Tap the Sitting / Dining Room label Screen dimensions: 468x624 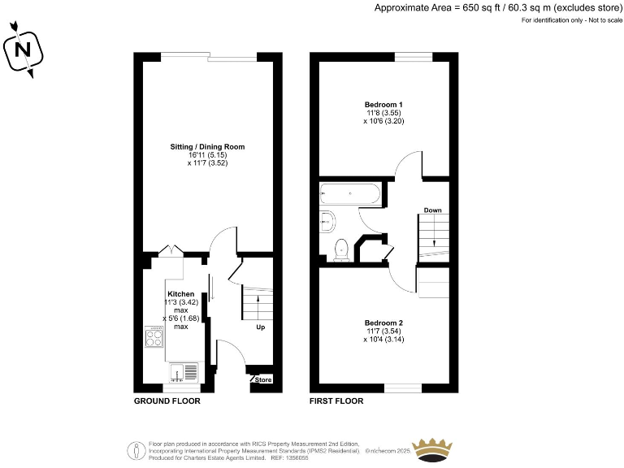pyautogui.click(x=207, y=147)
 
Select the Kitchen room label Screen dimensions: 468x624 pyautogui.click(x=180, y=293)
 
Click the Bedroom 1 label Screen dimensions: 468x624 pyautogui.click(x=383, y=105)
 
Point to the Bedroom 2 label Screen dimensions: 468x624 pyautogui.click(x=383, y=323)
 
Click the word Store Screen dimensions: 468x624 pyautogui.click(x=263, y=380)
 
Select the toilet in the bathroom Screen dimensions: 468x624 pyautogui.click(x=342, y=249)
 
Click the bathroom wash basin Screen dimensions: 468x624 pyautogui.click(x=327, y=219)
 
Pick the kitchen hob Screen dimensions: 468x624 pyautogui.click(x=154, y=336)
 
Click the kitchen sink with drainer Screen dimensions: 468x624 pyautogui.click(x=184, y=372)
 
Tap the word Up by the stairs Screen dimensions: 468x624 pyautogui.click(x=260, y=328)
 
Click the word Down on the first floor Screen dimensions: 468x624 pyautogui.click(x=432, y=210)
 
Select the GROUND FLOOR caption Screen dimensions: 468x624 pyautogui.click(x=167, y=401)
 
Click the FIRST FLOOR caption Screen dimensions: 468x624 pyautogui.click(x=336, y=401)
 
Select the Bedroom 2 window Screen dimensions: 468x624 pyautogui.click(x=403, y=388)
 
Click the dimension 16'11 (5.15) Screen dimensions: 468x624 pyautogui.click(x=207, y=155)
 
